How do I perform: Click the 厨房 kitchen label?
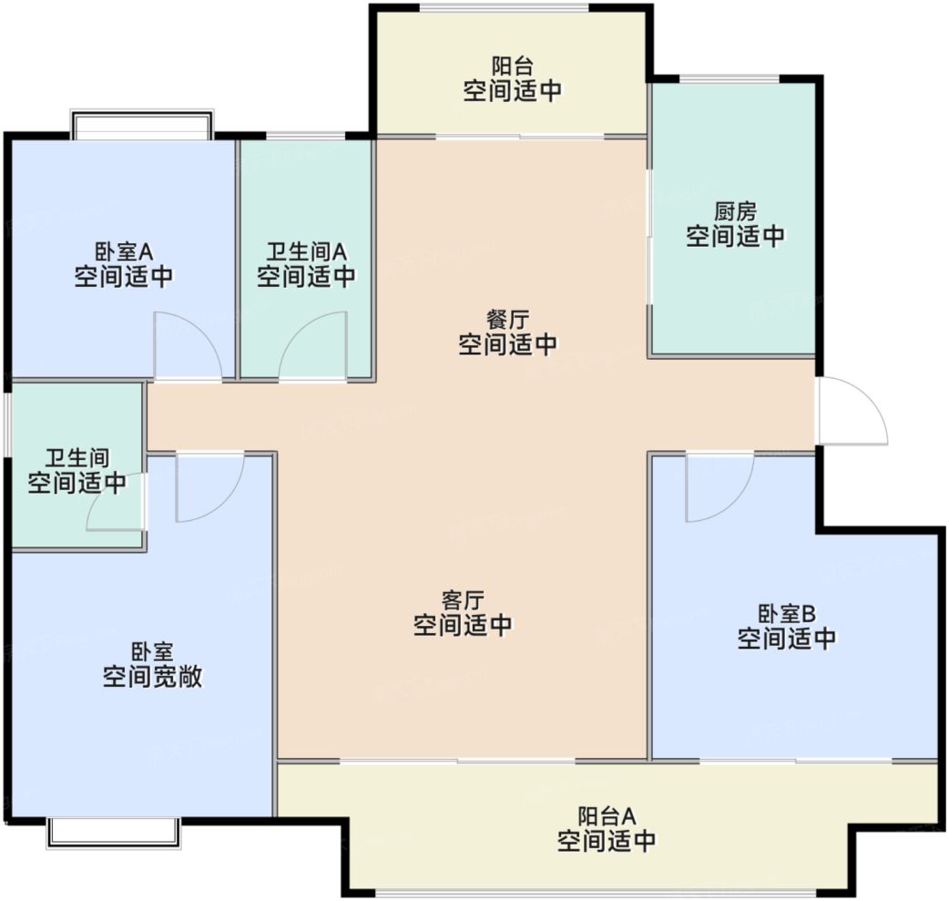coord(735,211)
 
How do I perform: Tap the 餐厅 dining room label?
coord(507,319)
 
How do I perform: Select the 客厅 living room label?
coord(463,599)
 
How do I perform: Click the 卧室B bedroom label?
coord(786,612)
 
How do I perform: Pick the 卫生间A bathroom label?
coord(306,251)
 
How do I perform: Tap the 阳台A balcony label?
coord(606,814)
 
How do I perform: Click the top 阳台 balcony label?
coord(512,66)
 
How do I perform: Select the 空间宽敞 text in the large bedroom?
coord(152,678)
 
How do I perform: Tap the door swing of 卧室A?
coord(187,346)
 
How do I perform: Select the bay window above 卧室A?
coord(142,125)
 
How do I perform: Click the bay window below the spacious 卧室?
coord(113,831)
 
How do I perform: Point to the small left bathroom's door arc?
coord(115,503)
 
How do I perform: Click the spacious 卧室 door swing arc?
coord(209,488)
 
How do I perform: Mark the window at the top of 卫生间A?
coord(306,138)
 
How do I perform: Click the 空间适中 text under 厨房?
coord(735,237)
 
